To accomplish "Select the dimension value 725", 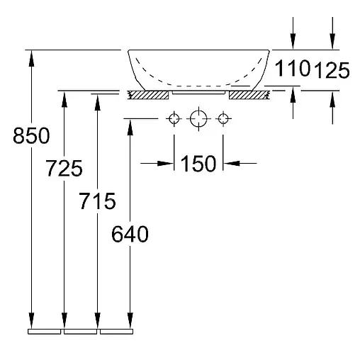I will [x=64, y=169].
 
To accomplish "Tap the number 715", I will [x=97, y=201].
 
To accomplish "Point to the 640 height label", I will [x=130, y=234].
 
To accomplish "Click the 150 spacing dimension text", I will [x=198, y=164].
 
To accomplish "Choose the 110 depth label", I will [x=293, y=69].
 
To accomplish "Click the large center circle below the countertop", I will [x=198, y=118].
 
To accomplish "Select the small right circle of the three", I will [x=223, y=118].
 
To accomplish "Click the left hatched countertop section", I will [x=148, y=94].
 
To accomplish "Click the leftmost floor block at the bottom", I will [x=45, y=330].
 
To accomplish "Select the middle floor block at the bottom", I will [x=81, y=330].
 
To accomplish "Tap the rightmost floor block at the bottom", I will [x=116, y=330].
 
